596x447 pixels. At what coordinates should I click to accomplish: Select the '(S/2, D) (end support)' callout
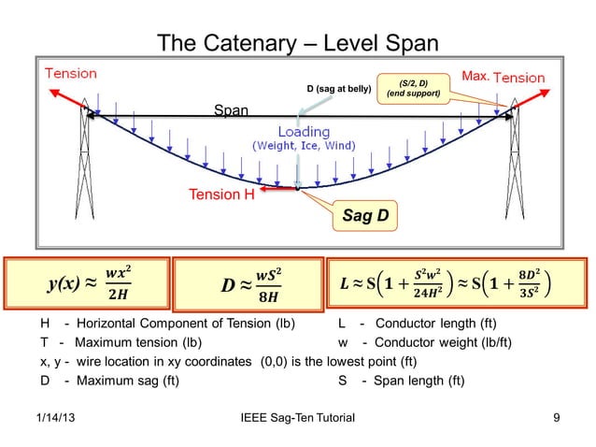tap(411, 89)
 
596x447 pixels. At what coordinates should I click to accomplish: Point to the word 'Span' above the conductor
tap(232, 110)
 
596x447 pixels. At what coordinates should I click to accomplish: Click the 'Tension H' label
tap(221, 195)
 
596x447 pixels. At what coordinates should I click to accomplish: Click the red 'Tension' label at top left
tap(71, 73)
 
